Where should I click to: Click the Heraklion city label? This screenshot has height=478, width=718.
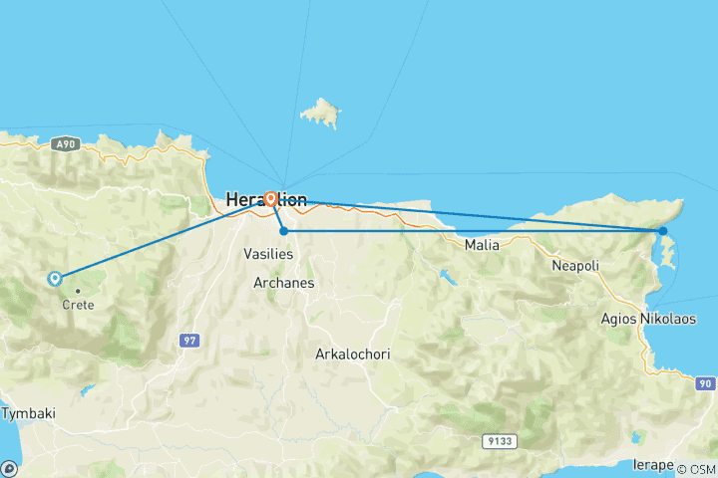click(266, 199)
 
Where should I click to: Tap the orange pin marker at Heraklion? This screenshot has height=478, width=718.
click(270, 198)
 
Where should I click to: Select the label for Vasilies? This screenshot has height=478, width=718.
click(268, 254)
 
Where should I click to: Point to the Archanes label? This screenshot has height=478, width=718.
click(283, 283)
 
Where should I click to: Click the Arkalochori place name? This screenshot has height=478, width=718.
click(352, 354)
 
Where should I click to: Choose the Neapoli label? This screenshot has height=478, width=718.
click(575, 266)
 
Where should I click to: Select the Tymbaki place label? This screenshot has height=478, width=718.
click(22, 411)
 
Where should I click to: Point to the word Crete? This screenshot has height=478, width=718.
click(78, 305)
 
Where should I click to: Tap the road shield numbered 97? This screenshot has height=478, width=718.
click(188, 341)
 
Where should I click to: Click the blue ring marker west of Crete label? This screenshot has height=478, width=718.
click(54, 279)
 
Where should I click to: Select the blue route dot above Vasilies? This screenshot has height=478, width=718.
click(284, 231)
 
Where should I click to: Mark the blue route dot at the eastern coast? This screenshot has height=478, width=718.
click(662, 231)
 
